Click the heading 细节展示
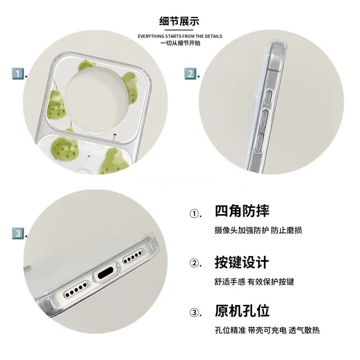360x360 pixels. (179, 21)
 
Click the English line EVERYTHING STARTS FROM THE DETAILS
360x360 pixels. (180, 36)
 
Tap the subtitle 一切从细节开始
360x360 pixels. (180, 43)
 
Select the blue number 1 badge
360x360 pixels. (18, 74)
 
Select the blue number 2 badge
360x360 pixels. (190, 74)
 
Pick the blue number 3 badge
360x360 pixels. (18, 233)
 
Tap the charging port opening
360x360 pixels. (106, 273)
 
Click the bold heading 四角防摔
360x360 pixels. (242, 211)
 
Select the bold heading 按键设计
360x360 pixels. (242, 262)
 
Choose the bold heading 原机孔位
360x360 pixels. (242, 311)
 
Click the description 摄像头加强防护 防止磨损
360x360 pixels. (258, 230)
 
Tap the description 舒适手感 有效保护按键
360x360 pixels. (254, 282)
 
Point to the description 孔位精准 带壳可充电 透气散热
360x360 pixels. (267, 330)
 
